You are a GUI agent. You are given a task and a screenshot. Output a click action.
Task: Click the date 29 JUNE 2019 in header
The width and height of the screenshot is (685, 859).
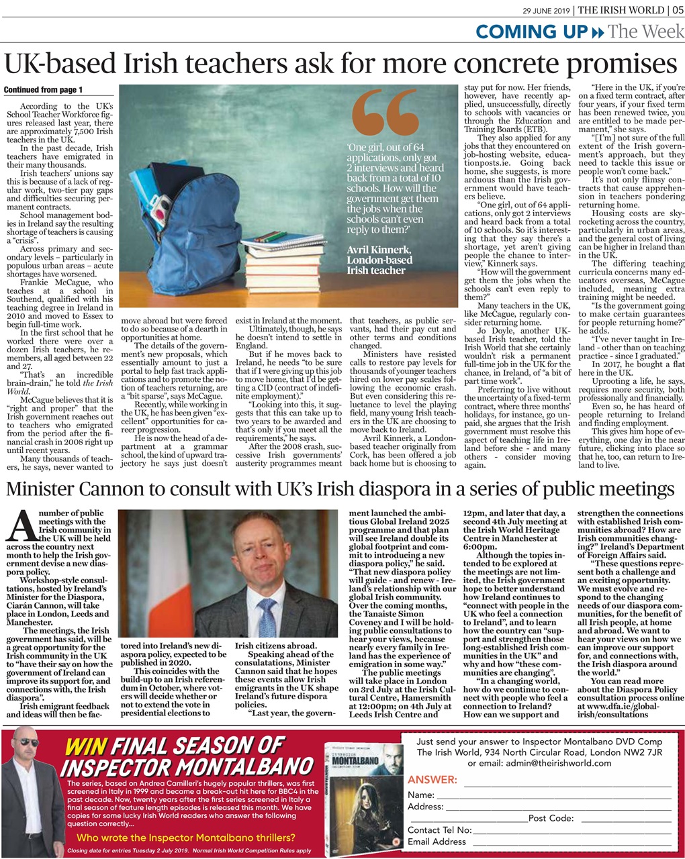tap(547, 9)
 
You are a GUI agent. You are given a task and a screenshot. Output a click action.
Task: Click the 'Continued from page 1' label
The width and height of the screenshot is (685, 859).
tap(43, 90)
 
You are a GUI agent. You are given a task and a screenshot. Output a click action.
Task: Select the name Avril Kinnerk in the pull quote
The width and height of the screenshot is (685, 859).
tap(379, 250)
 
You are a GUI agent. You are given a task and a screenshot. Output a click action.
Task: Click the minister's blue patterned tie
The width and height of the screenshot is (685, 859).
tap(267, 617)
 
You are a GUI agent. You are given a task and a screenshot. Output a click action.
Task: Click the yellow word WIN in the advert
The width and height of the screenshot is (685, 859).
tap(85, 747)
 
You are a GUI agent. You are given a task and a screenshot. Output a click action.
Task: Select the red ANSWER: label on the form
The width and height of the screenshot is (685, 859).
tap(432, 780)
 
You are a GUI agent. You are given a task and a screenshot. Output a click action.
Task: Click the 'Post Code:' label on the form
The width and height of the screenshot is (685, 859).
tap(551, 818)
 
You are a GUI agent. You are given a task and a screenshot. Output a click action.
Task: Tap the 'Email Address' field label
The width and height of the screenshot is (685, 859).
tap(437, 842)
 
